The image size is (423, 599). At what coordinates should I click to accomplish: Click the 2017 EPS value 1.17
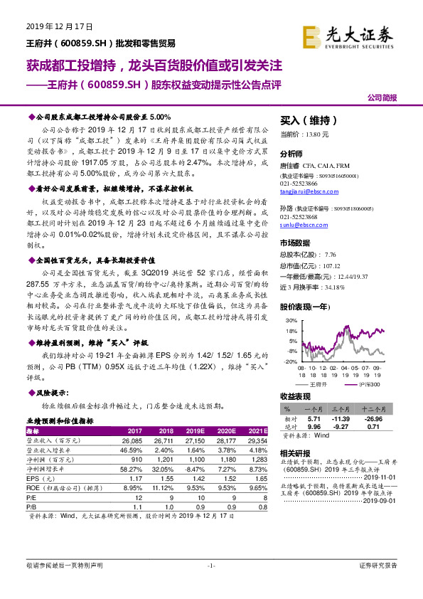[x=134, y=479]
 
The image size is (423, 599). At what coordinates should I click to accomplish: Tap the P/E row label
[x=31, y=498]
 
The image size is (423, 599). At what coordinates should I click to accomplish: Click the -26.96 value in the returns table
[x=385, y=418]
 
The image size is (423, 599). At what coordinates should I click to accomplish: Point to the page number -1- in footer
[x=211, y=566]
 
